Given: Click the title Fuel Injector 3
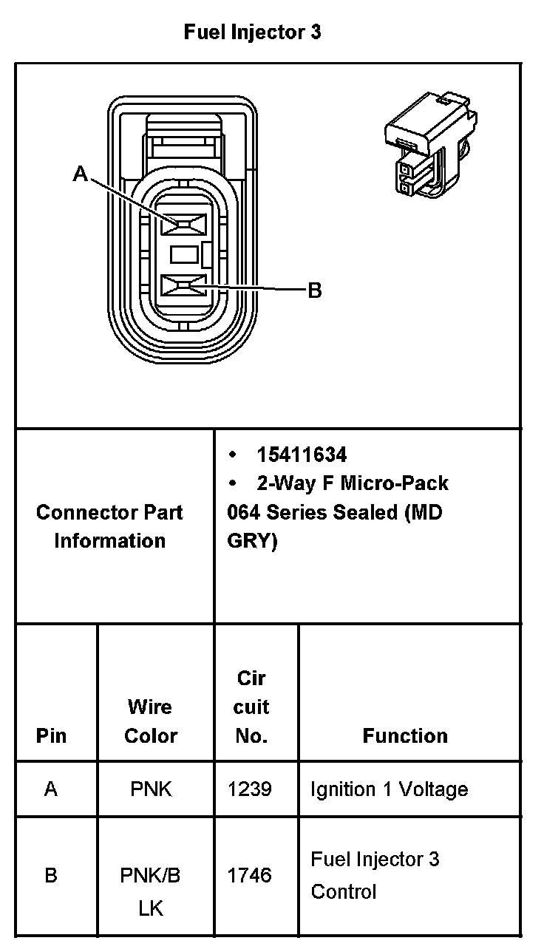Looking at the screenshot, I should [x=252, y=33].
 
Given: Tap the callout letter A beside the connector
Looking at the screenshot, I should [x=81, y=174].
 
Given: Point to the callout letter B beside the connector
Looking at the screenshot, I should [x=314, y=290].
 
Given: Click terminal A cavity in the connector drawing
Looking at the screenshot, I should [x=183, y=223].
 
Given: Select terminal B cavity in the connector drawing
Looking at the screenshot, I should [x=183, y=285].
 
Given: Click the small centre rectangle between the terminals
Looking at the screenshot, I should [x=184, y=254].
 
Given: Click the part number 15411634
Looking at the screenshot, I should [x=302, y=455].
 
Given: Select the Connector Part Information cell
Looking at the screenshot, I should [x=109, y=526].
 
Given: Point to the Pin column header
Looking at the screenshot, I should [x=51, y=735].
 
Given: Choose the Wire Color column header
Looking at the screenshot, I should [x=151, y=721].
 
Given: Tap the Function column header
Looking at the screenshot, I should [x=405, y=735].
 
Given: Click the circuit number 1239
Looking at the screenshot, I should [x=250, y=789].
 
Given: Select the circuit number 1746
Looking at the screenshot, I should [x=250, y=876].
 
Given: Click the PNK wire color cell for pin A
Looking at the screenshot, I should [x=151, y=789].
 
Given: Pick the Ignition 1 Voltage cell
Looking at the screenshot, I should [x=390, y=789].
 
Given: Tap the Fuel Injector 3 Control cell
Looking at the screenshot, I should [x=375, y=875].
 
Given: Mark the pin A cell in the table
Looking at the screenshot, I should [x=50, y=789].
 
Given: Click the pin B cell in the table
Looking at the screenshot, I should [x=50, y=876].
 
